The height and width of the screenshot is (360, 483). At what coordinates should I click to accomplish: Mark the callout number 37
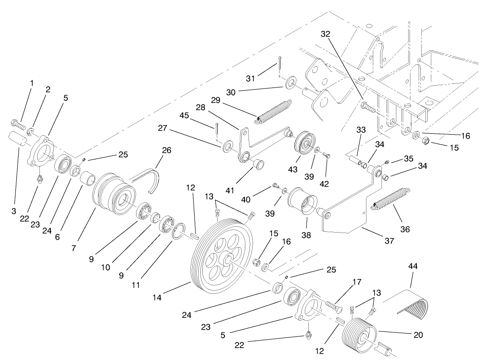(x=389, y=241)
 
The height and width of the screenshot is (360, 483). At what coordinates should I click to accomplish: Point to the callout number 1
(x=32, y=83)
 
